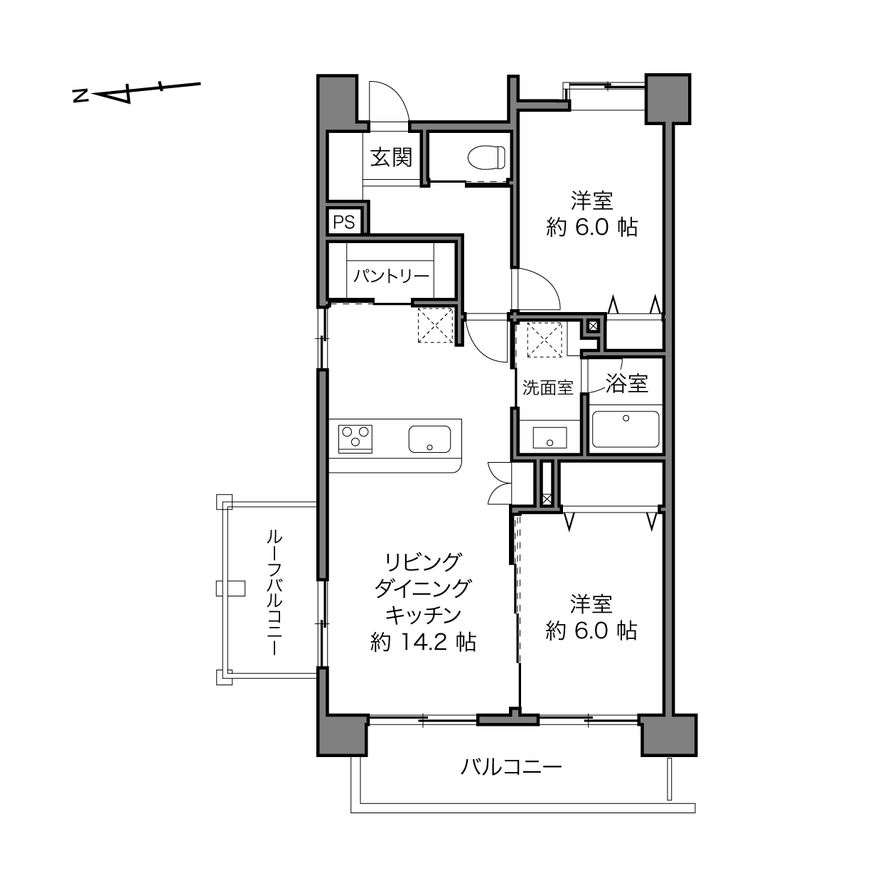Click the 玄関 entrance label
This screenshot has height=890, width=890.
[x=391, y=158]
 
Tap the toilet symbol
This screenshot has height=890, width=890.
[x=486, y=159]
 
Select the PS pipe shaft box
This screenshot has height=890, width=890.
[x=343, y=222]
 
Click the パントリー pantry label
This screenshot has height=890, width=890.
[x=391, y=277]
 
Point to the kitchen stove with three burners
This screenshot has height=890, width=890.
[x=355, y=439]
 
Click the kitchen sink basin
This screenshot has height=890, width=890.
[x=429, y=439]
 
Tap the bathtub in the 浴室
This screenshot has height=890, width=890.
[x=626, y=429]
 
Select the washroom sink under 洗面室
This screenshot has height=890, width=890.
[x=549, y=437]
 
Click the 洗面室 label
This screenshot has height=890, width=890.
[x=548, y=387]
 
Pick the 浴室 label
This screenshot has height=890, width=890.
[x=627, y=383]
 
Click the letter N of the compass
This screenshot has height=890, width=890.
[x=81, y=96]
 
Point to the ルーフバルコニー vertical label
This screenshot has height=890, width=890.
[x=274, y=593]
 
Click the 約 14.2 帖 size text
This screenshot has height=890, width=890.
[x=423, y=642]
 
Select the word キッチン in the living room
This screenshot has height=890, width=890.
[x=423, y=615]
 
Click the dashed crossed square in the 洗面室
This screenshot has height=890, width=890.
[x=545, y=340]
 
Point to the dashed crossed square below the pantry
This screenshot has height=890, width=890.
[x=436, y=325]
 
